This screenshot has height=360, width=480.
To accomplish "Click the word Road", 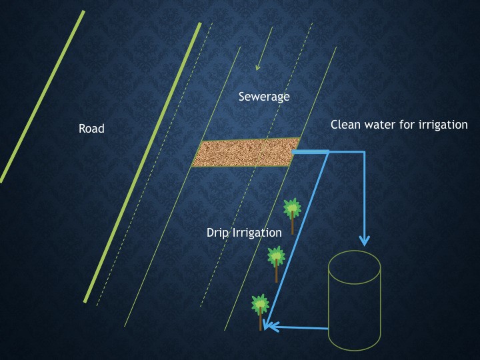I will point(91,129).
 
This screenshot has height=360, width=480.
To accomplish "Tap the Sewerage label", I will point(264,97).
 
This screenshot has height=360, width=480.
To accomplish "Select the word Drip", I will point(218,232).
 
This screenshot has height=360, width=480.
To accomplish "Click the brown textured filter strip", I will point(246,153).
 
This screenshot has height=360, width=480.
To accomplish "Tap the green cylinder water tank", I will point(354,307).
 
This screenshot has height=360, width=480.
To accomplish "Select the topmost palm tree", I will point(291,209).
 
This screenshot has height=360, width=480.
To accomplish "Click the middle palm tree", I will point(276,257).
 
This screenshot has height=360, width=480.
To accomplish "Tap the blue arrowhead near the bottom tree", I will point(268,326).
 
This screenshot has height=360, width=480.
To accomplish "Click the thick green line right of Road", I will point(143,160).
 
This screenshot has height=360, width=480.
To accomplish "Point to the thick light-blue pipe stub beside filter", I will point(310,153).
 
